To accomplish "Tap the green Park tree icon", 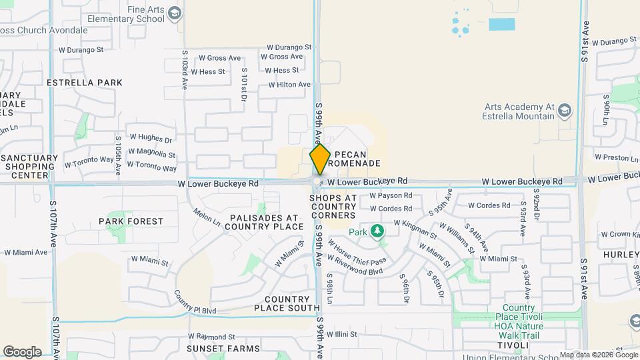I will click(x=378, y=232).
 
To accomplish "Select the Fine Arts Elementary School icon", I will click(x=175, y=13).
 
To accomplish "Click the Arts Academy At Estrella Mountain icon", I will click(x=564, y=110).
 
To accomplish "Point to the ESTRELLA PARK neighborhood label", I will click(x=85, y=83).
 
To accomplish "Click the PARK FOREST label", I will click(x=131, y=221).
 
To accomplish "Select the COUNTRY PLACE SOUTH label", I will click(x=287, y=303).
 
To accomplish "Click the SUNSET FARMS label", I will click(x=213, y=349).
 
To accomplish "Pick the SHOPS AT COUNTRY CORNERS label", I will click(x=333, y=207).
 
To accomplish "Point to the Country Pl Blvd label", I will click(x=195, y=302).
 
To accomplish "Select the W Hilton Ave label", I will click(x=289, y=85).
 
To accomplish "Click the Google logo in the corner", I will click(x=22, y=351).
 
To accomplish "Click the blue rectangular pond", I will click(x=501, y=25).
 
